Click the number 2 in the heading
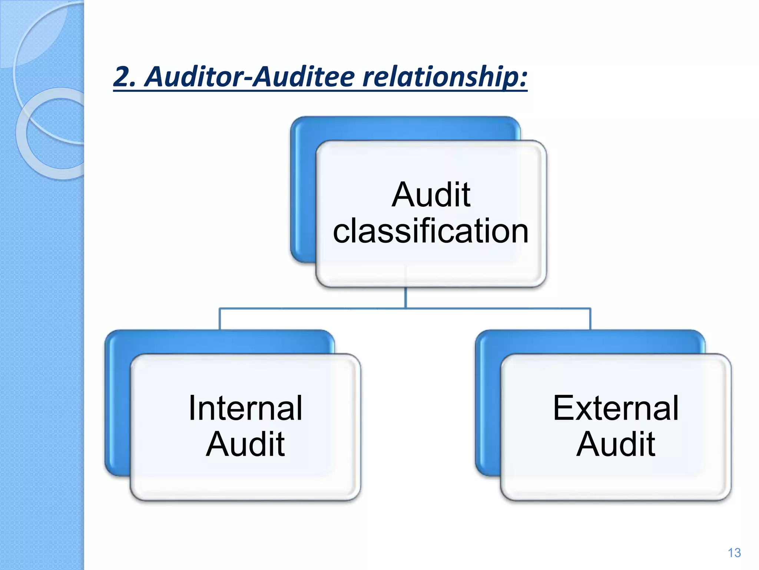tap(121, 76)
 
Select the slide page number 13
tap(734, 553)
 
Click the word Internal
tap(245, 408)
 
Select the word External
tap(616, 408)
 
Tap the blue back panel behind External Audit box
tap(488, 404)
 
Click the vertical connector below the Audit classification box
tap(405, 298)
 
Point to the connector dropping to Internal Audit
tap(220, 319)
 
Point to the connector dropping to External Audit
tap(590, 319)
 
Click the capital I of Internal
tap(192, 408)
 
